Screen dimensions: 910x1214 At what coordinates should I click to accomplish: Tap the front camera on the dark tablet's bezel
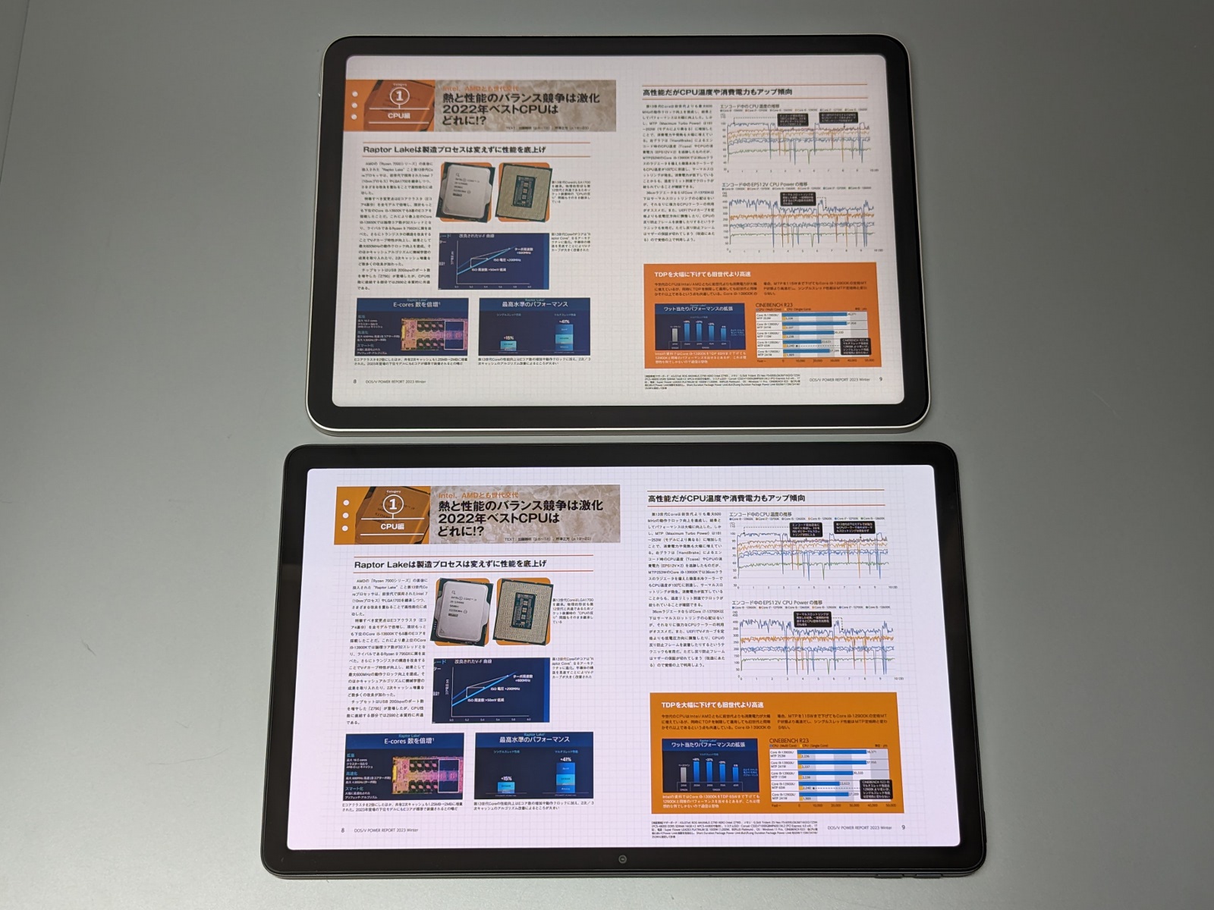[622, 859]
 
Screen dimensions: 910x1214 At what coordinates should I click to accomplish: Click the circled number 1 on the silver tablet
[398, 96]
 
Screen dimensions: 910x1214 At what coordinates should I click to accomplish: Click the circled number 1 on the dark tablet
[392, 504]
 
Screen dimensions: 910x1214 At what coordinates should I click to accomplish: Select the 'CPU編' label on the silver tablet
[398, 116]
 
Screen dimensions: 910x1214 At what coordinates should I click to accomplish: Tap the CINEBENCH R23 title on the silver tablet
[773, 304]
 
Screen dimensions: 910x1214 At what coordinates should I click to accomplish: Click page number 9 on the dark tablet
[902, 827]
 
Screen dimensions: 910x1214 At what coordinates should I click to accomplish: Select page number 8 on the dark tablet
[342, 830]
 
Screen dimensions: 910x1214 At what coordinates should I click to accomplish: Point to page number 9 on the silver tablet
[880, 379]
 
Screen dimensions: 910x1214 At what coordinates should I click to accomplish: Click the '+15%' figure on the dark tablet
[507, 778]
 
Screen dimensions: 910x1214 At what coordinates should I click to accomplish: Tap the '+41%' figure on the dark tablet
[565, 759]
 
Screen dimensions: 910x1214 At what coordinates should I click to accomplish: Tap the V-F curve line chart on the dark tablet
[490, 689]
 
